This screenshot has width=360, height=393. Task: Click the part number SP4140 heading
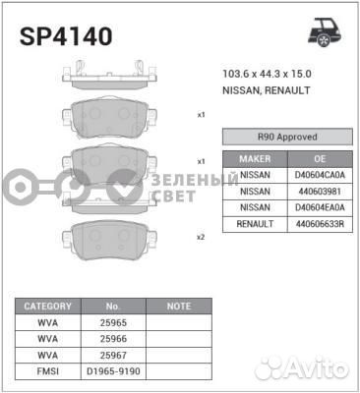(x=66, y=36)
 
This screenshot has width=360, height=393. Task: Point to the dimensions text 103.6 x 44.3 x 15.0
(x=267, y=74)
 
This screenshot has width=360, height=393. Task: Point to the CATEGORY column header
(x=47, y=307)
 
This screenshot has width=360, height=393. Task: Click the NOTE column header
(x=178, y=307)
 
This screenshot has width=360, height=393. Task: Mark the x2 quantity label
(x=201, y=237)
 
